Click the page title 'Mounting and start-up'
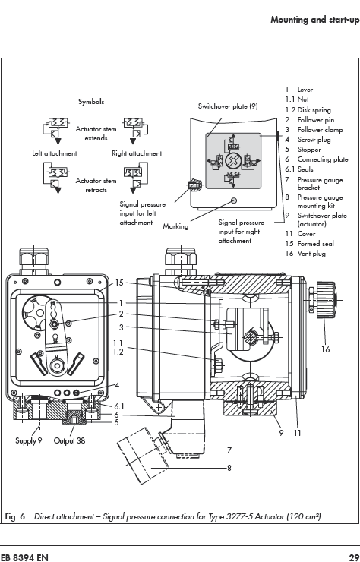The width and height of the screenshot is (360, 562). [315, 20]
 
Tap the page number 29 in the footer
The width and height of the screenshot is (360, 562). [354, 557]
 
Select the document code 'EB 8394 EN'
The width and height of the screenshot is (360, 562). [24, 557]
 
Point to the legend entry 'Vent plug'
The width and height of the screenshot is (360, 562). [311, 254]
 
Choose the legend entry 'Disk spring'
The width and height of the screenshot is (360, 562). [314, 110]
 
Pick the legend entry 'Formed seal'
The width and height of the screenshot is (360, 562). [315, 243]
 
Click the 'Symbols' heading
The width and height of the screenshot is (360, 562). [91, 102]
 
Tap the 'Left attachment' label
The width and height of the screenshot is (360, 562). [55, 153]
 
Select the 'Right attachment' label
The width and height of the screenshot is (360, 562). [137, 153]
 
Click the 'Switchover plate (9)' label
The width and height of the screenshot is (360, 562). [228, 106]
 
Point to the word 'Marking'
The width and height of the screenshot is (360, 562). [175, 226]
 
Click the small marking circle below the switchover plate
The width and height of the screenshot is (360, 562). [234, 200]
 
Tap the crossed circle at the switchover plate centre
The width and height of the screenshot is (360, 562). [232, 160]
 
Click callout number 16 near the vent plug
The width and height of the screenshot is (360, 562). [325, 349]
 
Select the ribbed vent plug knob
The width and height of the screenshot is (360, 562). [325, 300]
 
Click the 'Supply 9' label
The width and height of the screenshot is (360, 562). [28, 440]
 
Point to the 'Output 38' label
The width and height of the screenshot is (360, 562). [69, 440]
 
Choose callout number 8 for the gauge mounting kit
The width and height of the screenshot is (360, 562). [229, 467]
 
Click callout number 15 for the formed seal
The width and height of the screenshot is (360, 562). [119, 283]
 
